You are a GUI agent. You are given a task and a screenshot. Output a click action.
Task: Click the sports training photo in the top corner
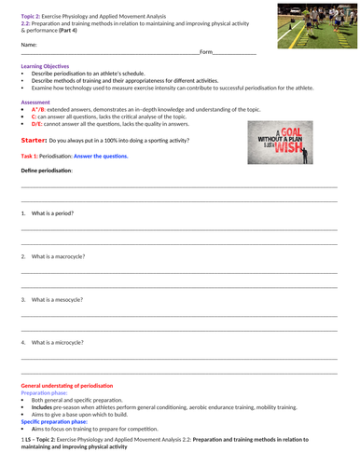[x=310, y=25]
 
